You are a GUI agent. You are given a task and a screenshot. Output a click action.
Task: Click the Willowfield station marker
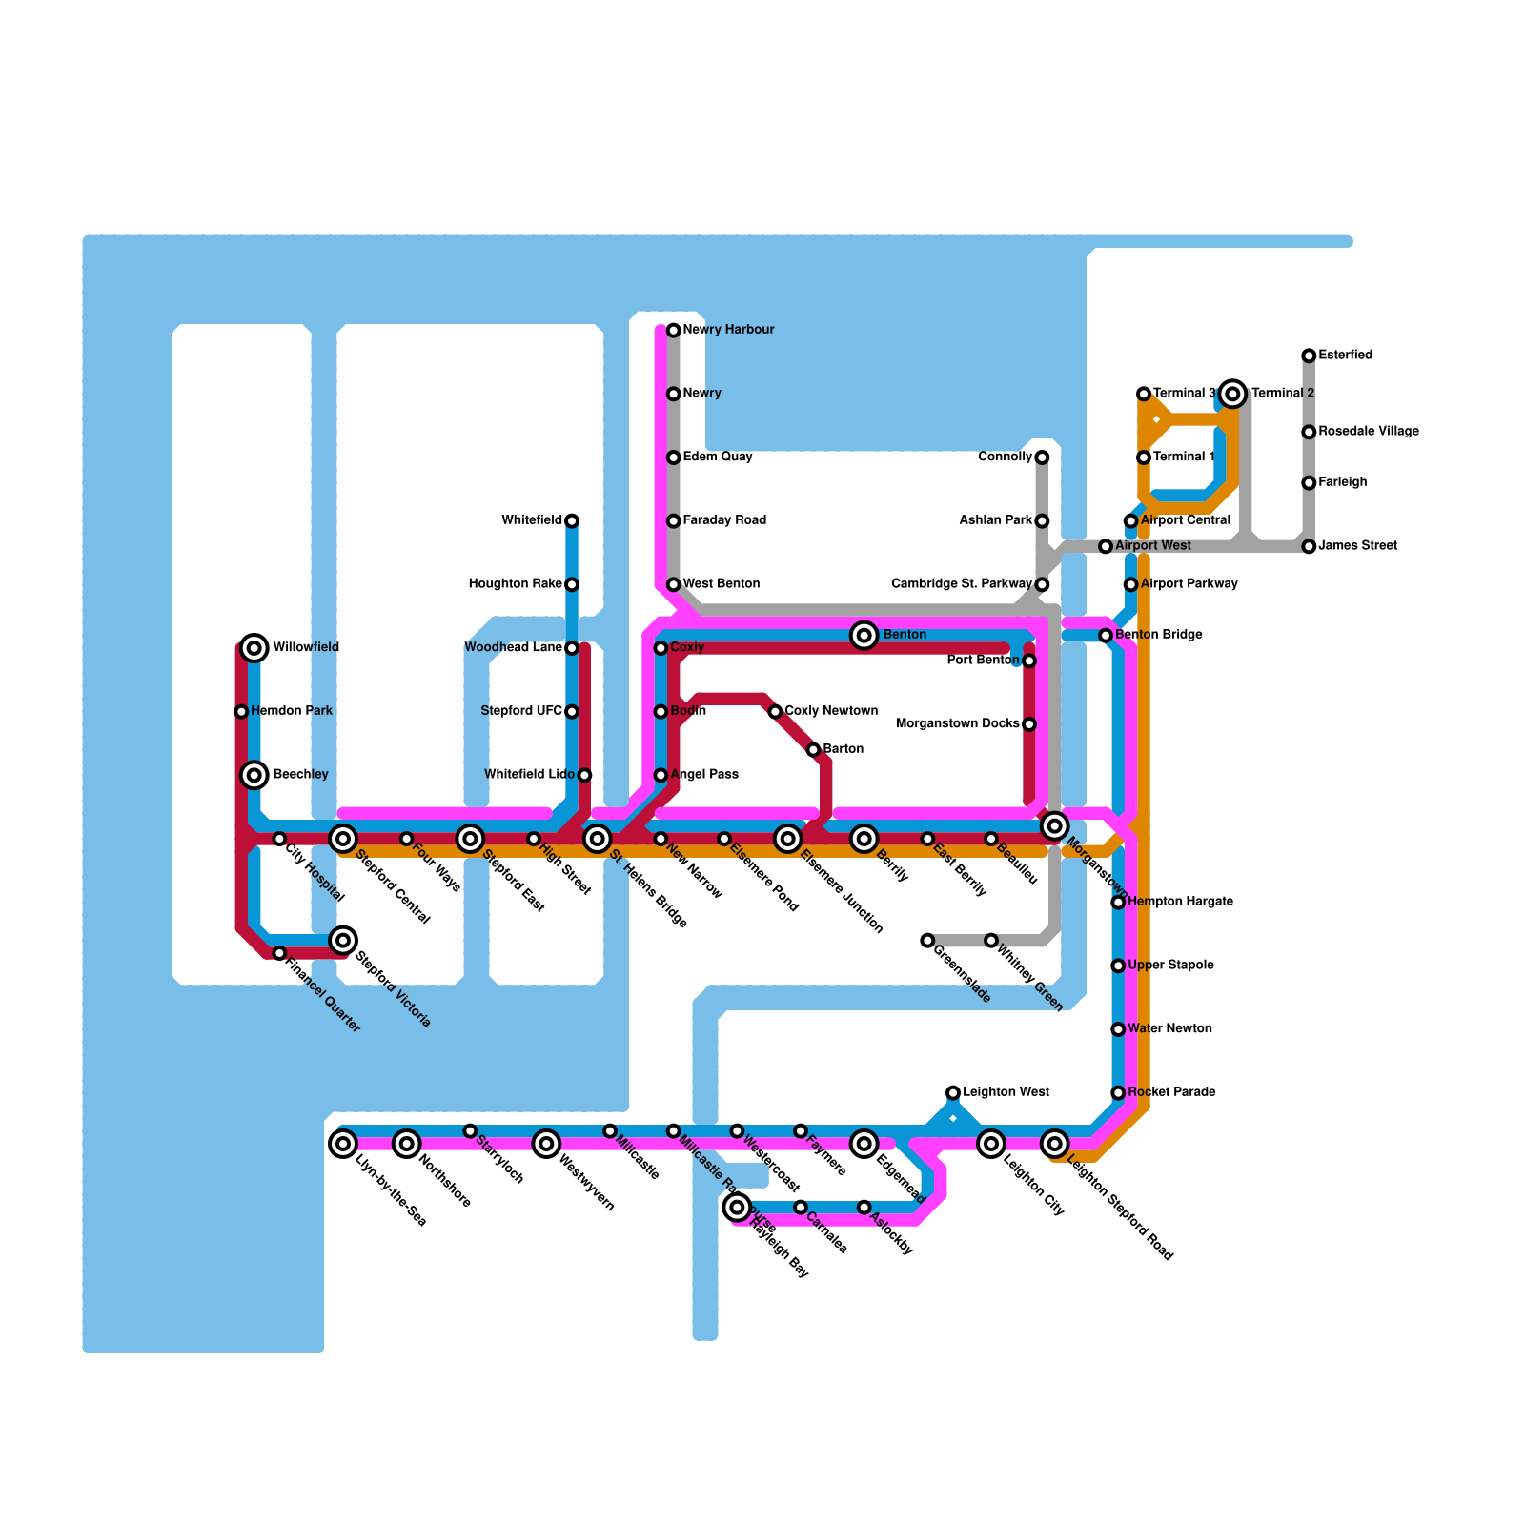pos(254,648)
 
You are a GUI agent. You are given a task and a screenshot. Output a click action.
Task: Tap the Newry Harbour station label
pos(728,330)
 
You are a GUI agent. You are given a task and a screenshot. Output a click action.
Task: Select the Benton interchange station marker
pos(864,635)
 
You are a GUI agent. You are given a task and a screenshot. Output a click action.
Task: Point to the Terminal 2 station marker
pos(1233,393)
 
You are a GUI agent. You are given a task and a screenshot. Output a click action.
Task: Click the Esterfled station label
pos(1345,356)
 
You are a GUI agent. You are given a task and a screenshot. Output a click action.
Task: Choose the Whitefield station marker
pos(572,520)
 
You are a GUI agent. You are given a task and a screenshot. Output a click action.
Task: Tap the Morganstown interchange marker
pos(1054,825)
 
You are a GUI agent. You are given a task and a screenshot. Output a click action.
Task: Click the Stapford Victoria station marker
pos(343,941)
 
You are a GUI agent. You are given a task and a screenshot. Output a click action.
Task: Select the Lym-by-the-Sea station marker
pos(343,1143)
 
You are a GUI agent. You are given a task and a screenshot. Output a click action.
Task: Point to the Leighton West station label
pos(1006,1092)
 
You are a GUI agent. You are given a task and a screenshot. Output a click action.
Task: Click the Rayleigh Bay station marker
pos(737,1208)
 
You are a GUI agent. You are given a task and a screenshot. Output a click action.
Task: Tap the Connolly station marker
pos(1042,457)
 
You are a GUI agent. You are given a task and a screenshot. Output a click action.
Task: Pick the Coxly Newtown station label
pos(831,711)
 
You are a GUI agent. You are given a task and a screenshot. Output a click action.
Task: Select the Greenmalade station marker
pos(927,941)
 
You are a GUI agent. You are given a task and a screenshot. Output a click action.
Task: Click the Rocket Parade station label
pos(1171,1092)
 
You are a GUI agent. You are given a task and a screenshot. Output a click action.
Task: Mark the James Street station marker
pos(1309,546)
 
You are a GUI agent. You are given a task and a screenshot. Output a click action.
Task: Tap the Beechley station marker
pos(254,775)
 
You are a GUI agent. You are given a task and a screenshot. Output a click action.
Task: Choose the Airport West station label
pos(1152,546)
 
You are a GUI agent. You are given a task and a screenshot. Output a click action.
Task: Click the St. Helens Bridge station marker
pos(598,839)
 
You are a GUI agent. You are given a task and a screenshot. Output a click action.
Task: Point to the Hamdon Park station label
pos(292,711)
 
